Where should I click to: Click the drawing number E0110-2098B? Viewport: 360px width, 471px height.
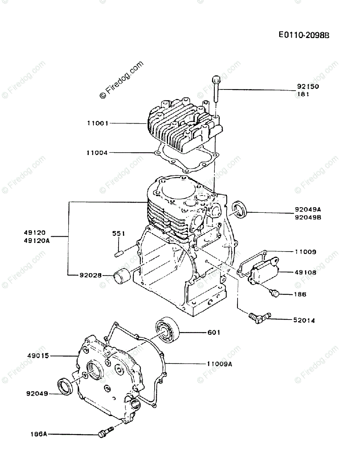point(303,35)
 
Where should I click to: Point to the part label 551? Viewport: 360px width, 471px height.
point(118,234)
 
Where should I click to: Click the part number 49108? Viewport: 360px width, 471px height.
point(305,272)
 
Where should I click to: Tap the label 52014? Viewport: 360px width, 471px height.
point(304,320)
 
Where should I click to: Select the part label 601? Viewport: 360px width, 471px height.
point(214,332)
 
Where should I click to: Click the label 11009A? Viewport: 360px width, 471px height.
point(219,364)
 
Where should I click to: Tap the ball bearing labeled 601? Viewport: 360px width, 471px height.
point(167,331)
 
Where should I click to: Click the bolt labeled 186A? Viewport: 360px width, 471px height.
point(104,433)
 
